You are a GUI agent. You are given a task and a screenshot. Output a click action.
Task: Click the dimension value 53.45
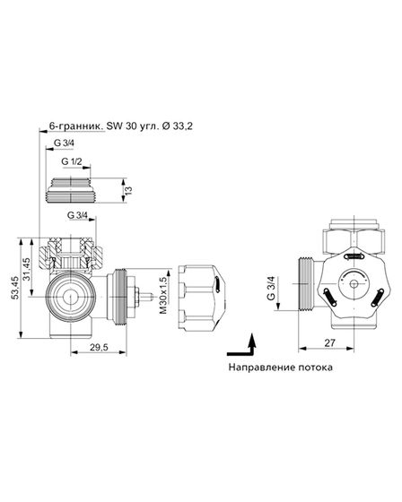coord(16,288)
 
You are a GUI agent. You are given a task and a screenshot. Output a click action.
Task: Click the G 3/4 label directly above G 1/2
coord(66,143)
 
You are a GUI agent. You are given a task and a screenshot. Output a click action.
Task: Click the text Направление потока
coord(278,368)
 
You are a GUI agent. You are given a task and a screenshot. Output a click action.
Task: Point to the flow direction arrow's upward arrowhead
coord(252,338)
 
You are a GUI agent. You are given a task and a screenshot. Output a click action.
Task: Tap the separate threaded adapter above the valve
coord(82,189)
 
